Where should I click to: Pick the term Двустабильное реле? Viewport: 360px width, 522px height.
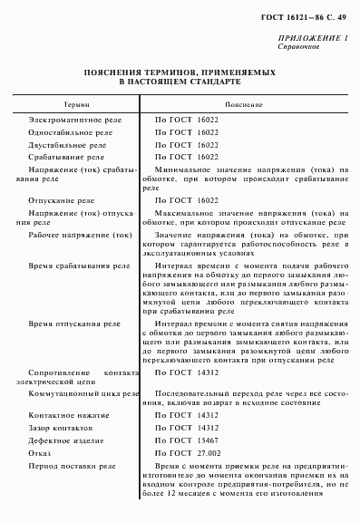click(62, 144)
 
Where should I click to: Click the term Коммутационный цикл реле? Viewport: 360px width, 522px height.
click(76, 395)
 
